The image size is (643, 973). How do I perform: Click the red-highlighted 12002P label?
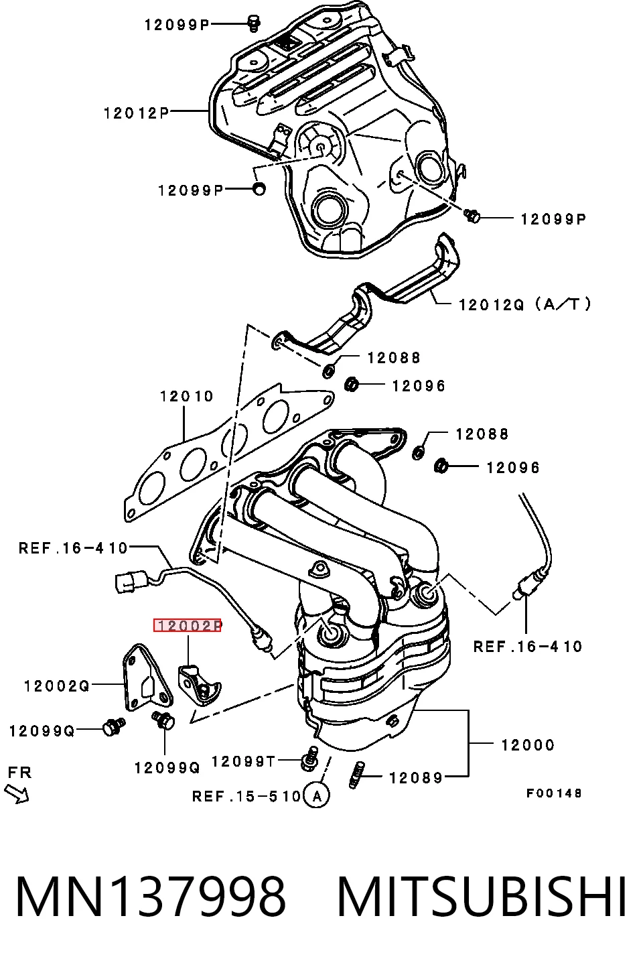187,625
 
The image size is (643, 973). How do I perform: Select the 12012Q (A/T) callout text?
525,304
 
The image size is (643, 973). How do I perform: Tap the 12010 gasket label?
187,396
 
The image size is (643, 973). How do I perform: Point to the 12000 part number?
528,745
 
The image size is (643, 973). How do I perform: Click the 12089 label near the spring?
415,778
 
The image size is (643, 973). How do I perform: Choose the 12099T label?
243,761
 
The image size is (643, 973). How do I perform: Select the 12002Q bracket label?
57,686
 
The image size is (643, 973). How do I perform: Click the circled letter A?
317,796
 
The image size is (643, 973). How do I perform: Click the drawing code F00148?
554,793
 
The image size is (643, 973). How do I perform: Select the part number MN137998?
151,897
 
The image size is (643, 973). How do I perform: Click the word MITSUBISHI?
482,897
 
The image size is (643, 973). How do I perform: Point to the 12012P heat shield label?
137,113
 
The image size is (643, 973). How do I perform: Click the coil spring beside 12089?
357,775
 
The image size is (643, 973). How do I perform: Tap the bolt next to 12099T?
310,759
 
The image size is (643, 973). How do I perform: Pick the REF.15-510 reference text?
246,797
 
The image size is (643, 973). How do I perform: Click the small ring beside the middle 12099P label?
259,189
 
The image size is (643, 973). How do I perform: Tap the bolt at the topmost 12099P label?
254,23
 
